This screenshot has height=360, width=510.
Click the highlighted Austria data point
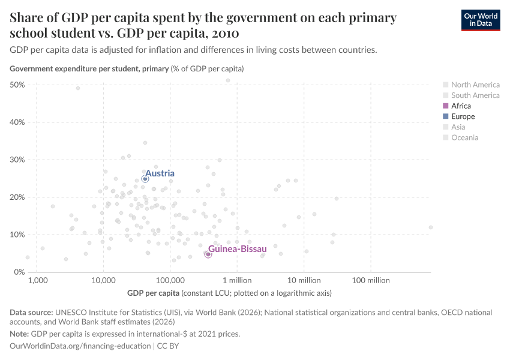coord(145,179)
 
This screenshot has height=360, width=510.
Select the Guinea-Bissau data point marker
coord(208,254)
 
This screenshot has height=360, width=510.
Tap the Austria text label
coord(160,173)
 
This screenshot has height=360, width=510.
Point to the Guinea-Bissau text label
coord(238,248)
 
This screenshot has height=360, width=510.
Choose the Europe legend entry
coord(463,116)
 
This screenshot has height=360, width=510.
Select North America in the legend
coord(475,85)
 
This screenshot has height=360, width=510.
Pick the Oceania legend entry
coord(465,138)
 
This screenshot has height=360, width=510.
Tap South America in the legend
coord(475,95)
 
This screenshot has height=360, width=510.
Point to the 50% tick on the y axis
coord(17,85)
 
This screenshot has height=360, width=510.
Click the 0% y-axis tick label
coord(19,272)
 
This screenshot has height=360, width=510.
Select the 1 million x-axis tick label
coord(237,280)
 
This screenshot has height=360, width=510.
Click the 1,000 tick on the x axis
coord(37,280)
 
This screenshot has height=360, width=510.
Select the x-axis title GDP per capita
coord(153,293)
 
